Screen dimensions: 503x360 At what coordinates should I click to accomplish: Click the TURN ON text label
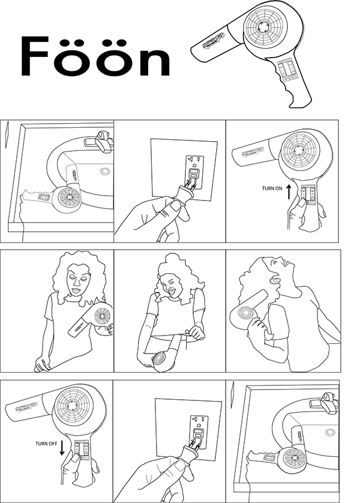click(x=273, y=188)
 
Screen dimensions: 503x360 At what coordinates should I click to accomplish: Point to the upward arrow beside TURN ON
click(x=288, y=192)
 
